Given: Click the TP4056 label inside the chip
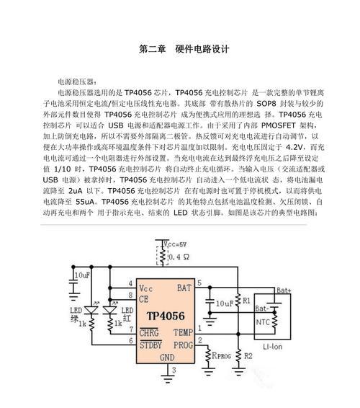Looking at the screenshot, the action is (x=166, y=316).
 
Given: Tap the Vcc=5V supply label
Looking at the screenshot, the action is (x=175, y=244).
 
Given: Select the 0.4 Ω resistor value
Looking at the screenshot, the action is (x=179, y=257).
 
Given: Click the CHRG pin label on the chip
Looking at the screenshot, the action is (x=149, y=333).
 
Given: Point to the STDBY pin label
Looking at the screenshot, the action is (x=150, y=345).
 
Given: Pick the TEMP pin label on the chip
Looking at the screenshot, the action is (x=184, y=332).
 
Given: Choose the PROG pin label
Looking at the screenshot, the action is (x=184, y=345).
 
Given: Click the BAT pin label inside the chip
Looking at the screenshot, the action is (x=184, y=288).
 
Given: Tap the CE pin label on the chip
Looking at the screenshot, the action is (x=144, y=299).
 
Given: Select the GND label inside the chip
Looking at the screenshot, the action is (x=167, y=358).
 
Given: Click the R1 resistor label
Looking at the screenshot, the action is (x=246, y=301).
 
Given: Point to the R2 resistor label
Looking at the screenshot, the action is (x=248, y=355).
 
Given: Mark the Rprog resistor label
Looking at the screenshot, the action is (x=222, y=355).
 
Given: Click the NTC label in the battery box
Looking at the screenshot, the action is (x=263, y=322).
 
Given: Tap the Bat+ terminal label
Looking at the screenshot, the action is (x=284, y=291).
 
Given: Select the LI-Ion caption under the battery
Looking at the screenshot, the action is (x=272, y=347).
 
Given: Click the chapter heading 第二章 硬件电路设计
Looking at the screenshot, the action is (x=184, y=49).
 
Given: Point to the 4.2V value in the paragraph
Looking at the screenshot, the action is (x=294, y=147).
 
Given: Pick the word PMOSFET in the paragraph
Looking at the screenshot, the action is (x=279, y=125).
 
